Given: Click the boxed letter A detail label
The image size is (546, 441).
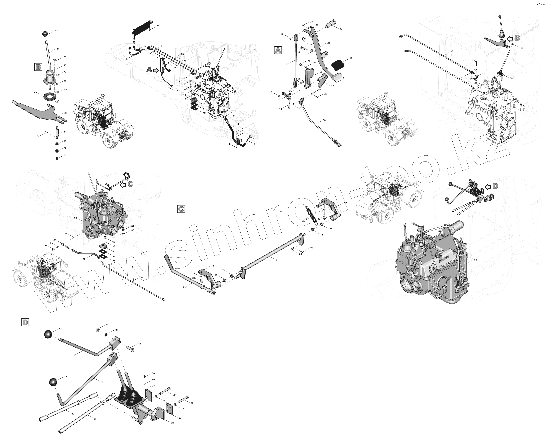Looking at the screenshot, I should click(278, 50).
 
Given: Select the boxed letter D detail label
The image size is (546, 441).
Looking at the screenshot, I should click(25, 322).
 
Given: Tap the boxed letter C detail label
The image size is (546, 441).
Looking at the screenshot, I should click(181, 209).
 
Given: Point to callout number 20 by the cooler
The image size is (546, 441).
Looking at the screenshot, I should click(158, 26).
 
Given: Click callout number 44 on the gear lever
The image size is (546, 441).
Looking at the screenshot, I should click(58, 49).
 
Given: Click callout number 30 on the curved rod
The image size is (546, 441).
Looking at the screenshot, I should click(324, 120).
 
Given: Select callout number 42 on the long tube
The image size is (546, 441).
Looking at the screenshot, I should click(452, 51).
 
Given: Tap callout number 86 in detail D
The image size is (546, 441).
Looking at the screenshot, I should click(107, 324).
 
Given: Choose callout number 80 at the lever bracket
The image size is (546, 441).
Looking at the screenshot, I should click(172, 422).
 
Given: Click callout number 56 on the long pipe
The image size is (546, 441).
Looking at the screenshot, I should click(142, 277).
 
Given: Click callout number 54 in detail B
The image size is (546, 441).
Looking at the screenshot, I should click(38, 136).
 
